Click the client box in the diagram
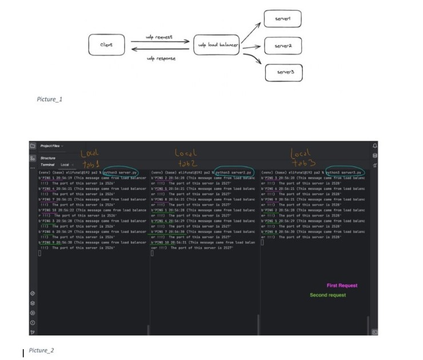pos(106,45)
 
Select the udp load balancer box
pos(216,45)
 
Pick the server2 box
pos(284,45)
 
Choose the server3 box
pos(284,73)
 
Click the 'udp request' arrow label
pos(159,37)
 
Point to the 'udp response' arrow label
pos(161,58)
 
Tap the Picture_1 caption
pos(49,99)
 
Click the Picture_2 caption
pos(41,350)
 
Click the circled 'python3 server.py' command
pos(121,172)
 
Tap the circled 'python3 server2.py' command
pos(233,172)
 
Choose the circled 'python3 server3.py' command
pos(345,172)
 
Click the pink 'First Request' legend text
pos(342,285)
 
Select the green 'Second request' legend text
pos(328,295)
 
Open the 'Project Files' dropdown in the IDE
pos(52,146)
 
